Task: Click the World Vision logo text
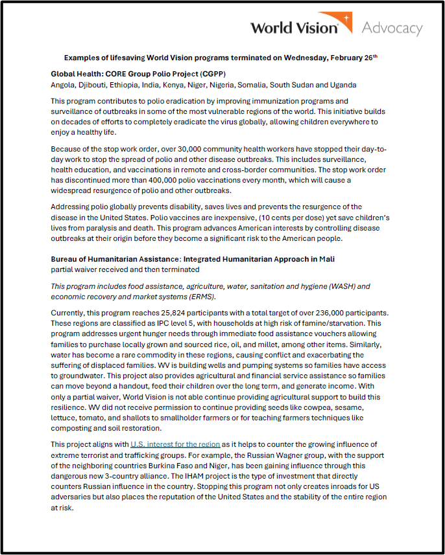(x=295, y=28)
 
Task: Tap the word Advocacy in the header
(x=392, y=28)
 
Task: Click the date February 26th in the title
(x=351, y=58)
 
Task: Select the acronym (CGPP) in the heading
(x=209, y=74)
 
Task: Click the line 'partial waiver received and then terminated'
(x=125, y=269)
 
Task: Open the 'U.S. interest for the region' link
(x=175, y=444)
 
